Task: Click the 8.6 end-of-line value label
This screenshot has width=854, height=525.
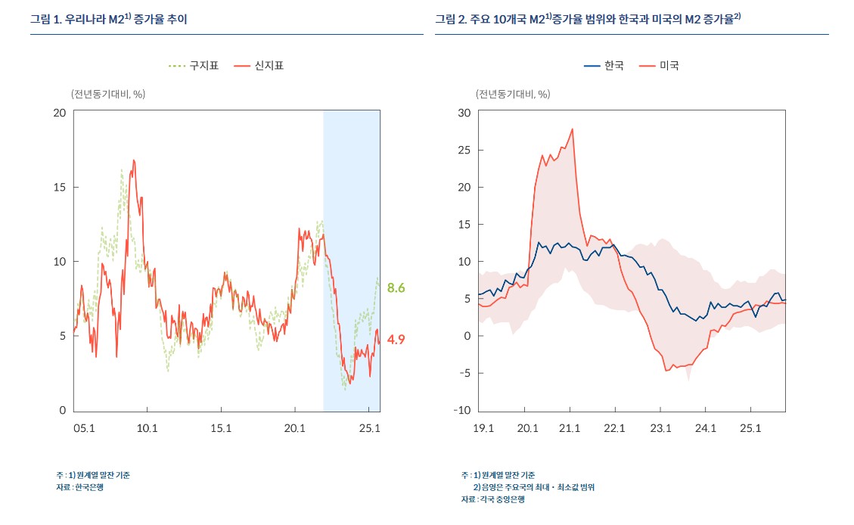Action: [396, 287]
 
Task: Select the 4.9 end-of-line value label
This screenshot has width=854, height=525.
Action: [396, 340]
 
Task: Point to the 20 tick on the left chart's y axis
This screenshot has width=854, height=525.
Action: [59, 113]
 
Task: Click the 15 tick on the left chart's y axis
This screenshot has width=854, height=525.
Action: [59, 187]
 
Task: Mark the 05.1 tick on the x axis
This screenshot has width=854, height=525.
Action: [83, 428]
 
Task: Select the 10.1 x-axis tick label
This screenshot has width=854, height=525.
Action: [147, 428]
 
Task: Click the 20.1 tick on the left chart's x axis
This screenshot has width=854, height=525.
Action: [294, 428]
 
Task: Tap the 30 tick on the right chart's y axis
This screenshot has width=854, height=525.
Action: [464, 113]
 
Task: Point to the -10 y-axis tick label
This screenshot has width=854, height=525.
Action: [461, 411]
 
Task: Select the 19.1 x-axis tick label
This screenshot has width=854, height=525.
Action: [483, 428]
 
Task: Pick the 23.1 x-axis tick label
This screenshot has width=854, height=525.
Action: [660, 428]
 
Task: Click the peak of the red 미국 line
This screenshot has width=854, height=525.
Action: [572, 129]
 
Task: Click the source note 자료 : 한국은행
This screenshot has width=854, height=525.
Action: [79, 487]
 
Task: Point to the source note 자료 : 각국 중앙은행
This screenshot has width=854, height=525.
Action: [493, 499]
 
